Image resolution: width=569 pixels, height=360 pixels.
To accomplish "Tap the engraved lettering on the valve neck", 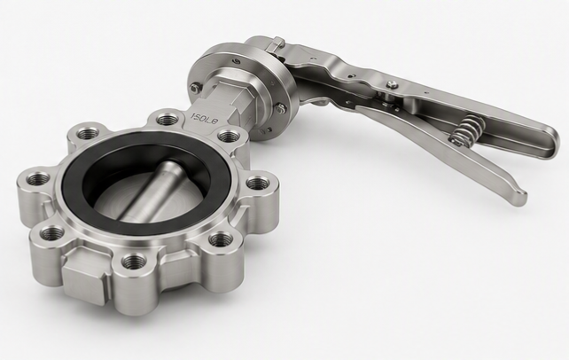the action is click(x=205, y=114).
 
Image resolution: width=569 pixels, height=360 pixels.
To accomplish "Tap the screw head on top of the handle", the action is click(x=391, y=84).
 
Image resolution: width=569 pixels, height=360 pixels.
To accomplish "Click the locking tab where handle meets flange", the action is click(x=275, y=45).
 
